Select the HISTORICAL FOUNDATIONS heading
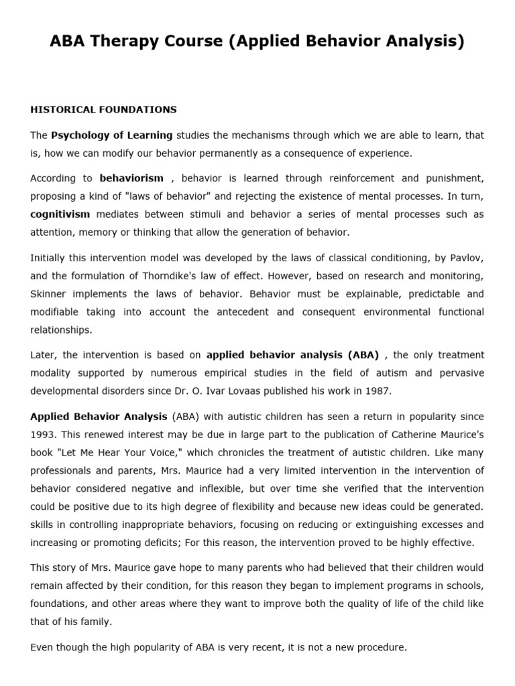coord(103,109)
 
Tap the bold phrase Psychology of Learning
coord(111,135)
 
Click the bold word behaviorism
coord(131,179)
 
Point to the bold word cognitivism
coord(60,214)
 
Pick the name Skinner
coord(49,293)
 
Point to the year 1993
coord(45,433)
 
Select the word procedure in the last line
coord(381,648)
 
